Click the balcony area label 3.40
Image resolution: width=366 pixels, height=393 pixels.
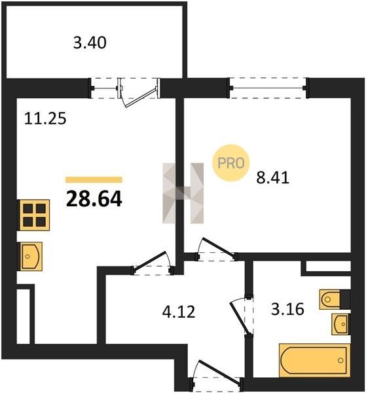tap(90, 43)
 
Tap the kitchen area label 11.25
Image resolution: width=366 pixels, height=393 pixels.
tap(45, 119)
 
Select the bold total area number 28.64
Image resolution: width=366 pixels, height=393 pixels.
tap(94, 198)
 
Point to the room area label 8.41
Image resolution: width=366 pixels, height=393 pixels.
tap(272, 178)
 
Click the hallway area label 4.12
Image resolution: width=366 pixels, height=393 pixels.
tap(178, 312)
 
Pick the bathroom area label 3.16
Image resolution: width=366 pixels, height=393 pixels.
tap(287, 309)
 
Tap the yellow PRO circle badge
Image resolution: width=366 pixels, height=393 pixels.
tap(231, 163)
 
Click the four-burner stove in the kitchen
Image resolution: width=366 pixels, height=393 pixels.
tap(34, 215)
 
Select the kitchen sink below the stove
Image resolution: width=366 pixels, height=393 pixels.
tap(31, 256)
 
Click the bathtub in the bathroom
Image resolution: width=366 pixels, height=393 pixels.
tap(315, 360)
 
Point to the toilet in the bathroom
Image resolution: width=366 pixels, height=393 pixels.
tap(335, 299)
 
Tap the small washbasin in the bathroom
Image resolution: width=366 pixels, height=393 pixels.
tap(340, 324)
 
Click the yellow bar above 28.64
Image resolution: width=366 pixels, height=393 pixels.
tap(94, 179)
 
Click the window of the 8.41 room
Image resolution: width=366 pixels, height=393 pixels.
tap(268, 88)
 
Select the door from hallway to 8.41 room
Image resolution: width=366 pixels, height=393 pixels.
tap(217, 248)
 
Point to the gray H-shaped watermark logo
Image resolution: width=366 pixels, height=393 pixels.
tap(183, 193)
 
